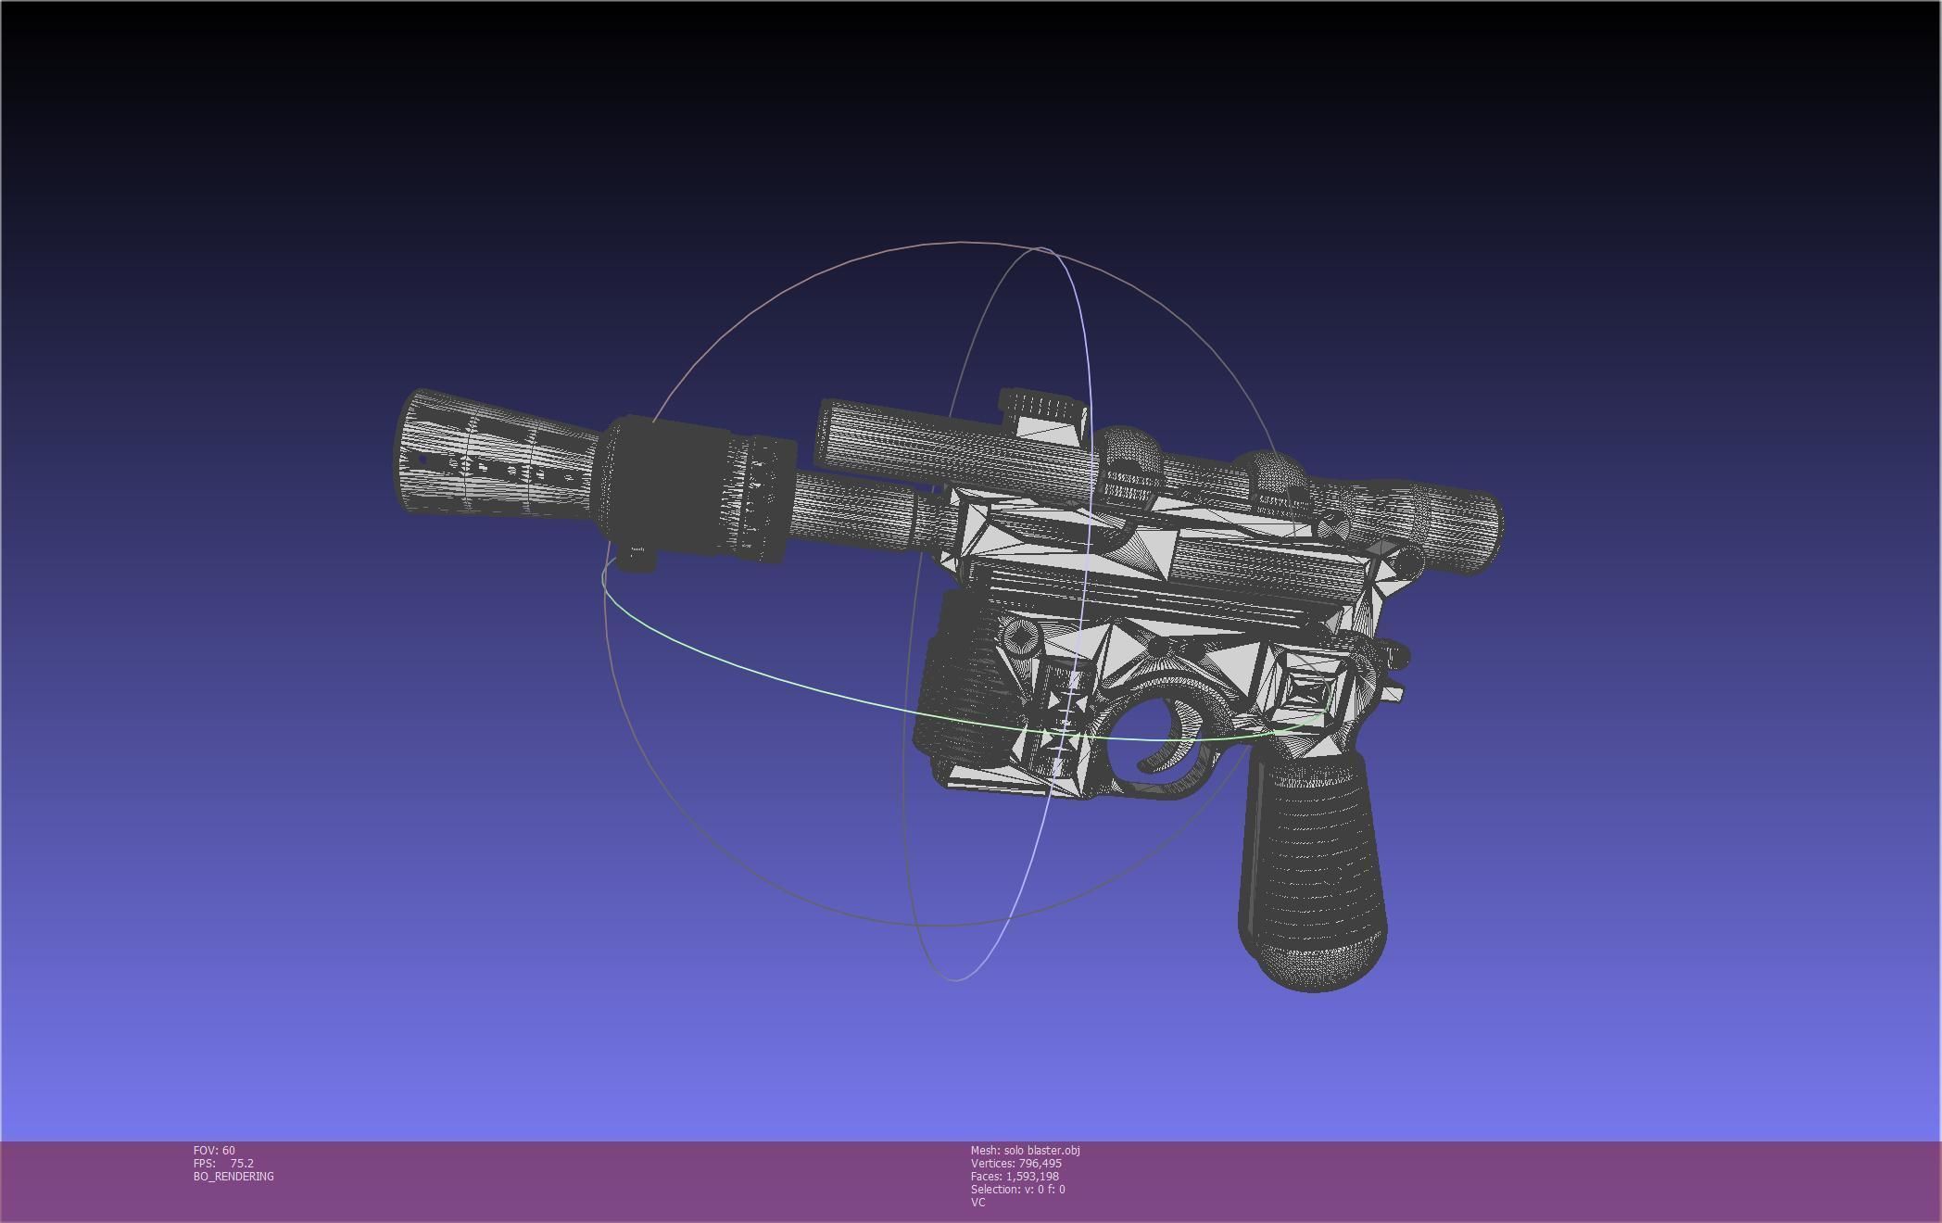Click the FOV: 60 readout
pyautogui.click(x=214, y=1150)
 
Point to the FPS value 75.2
pyautogui.click(x=242, y=1163)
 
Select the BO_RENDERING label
pyautogui.click(x=233, y=1176)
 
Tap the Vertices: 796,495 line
pyautogui.click(x=1015, y=1163)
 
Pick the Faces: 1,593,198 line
pyautogui.click(x=1014, y=1176)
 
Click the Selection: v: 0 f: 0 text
pyautogui.click(x=1017, y=1189)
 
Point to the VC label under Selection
pyautogui.click(x=977, y=1202)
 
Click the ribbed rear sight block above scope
pyautogui.click(x=1042, y=408)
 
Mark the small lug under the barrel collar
pyautogui.click(x=637, y=558)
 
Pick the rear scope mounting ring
pyautogui.click(x=1279, y=482)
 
